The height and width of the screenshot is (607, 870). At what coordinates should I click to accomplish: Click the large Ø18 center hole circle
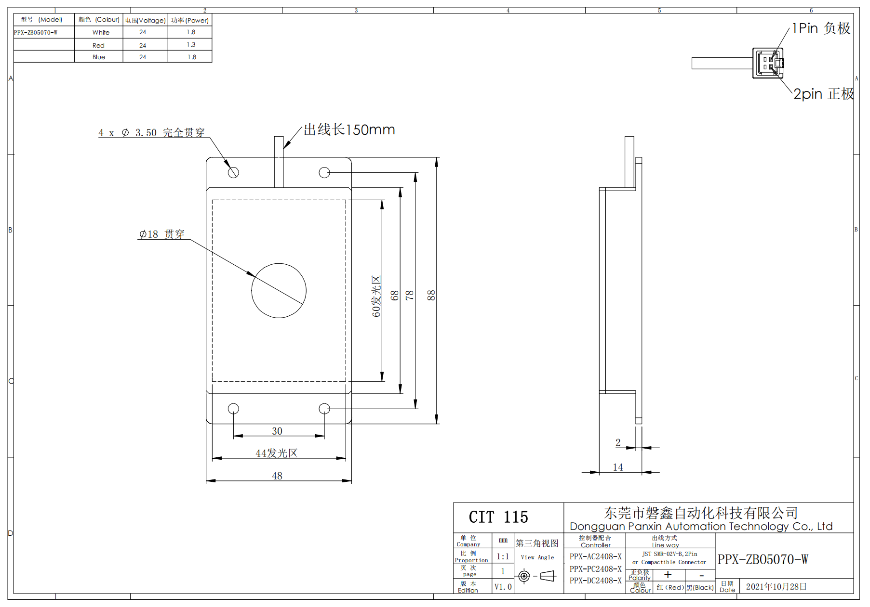tap(252, 291)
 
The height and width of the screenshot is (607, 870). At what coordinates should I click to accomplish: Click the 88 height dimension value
tap(431, 295)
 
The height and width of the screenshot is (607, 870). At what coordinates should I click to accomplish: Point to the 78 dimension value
tap(410, 295)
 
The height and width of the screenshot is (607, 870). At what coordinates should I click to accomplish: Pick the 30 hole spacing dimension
tap(277, 431)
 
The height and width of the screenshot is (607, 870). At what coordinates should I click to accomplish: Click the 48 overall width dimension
tap(277, 476)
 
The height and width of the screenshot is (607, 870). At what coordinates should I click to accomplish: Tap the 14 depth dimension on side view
tap(618, 467)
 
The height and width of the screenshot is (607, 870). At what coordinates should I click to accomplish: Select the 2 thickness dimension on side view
tap(618, 442)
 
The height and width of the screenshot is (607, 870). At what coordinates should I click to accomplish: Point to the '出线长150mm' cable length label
tap(349, 129)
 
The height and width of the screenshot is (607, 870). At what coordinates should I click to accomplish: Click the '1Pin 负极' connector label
tap(821, 28)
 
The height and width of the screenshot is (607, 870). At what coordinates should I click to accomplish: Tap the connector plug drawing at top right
tap(768, 63)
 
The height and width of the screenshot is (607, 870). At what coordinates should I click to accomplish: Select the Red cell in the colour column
tap(98, 45)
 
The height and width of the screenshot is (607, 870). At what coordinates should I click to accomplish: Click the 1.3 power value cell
tap(191, 45)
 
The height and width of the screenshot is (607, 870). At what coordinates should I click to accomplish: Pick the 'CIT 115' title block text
tap(498, 517)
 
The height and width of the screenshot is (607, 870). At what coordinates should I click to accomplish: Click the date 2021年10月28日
tap(776, 586)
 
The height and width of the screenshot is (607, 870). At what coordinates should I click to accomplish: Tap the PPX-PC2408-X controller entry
tap(596, 568)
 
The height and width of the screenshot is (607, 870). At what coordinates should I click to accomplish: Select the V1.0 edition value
tap(503, 587)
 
